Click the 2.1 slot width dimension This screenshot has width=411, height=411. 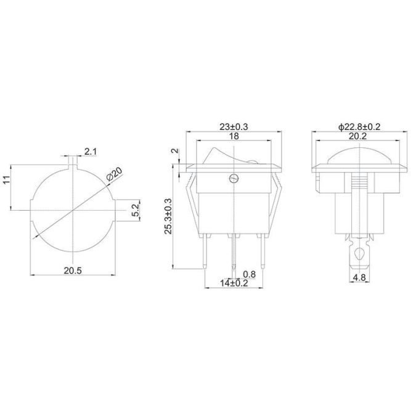pos(91,152)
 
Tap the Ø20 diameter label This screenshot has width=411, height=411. pos(115,174)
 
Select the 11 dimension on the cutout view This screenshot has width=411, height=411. pos(7,179)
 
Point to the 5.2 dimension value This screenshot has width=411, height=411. pos(136,210)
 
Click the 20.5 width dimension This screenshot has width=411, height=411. pos(73,271)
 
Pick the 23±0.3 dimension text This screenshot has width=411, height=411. pos(234,127)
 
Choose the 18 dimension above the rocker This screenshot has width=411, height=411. pos(234,136)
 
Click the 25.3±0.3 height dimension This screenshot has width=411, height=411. pos(168,216)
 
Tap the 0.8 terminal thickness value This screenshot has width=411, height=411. pos(249,274)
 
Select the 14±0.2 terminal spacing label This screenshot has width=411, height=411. pos(234,283)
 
